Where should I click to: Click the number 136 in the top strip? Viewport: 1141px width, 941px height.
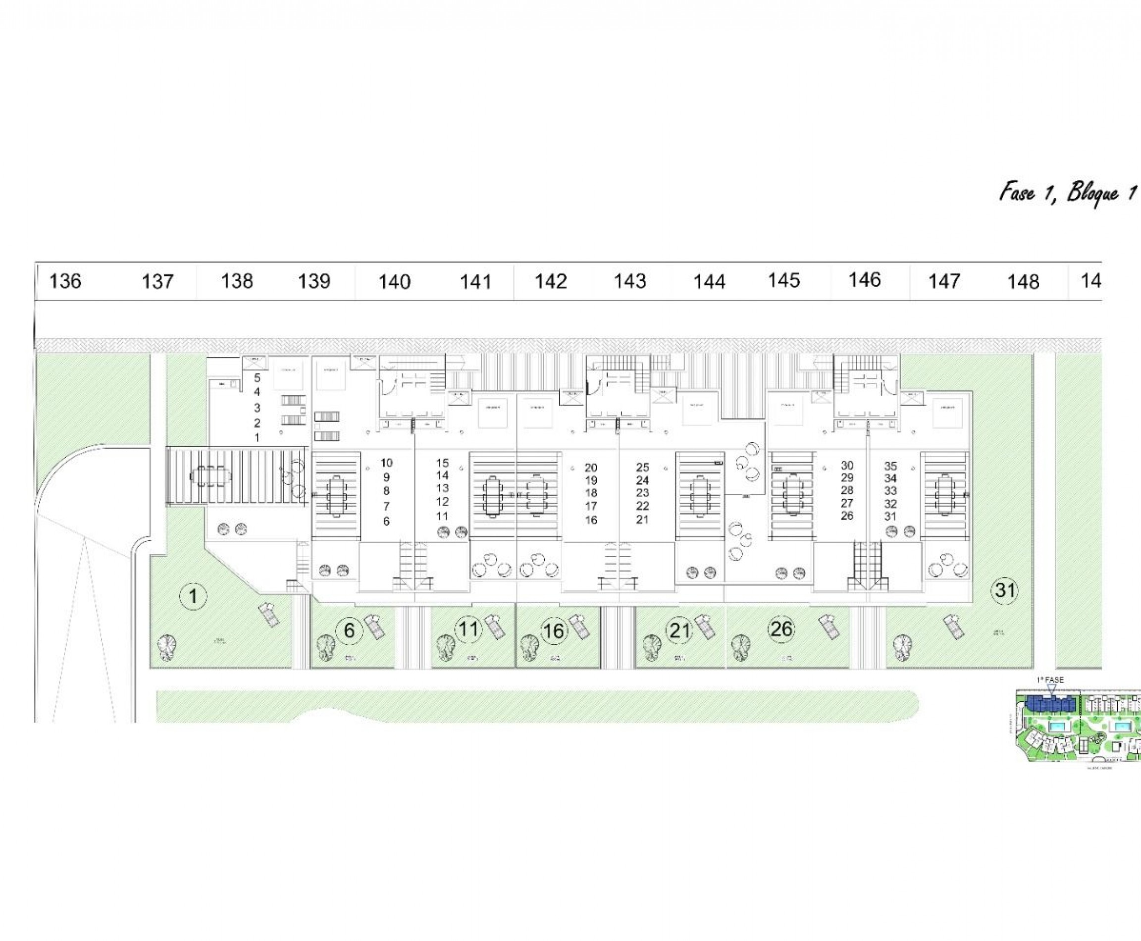point(65,281)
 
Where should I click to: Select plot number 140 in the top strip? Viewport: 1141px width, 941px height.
point(394,282)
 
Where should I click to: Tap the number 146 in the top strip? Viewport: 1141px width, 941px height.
point(864,280)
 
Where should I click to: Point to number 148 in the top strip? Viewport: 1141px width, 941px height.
point(1023,282)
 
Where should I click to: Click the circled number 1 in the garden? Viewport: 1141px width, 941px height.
point(193,597)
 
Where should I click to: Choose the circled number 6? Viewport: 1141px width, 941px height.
point(349,630)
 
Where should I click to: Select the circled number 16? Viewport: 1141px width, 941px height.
point(553,631)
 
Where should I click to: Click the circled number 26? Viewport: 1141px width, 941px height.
point(781,629)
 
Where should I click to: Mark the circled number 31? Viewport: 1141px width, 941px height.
point(1004,590)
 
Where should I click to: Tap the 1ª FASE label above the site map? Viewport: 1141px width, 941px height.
point(1050,680)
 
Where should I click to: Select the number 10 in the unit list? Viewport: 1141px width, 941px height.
point(386,463)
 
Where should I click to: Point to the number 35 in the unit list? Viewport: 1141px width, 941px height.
point(890,466)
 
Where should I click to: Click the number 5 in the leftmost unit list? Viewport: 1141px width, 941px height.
point(258,378)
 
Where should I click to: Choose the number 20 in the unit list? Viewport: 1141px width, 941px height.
point(591,467)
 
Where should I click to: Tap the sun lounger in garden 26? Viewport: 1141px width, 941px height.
point(829,627)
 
